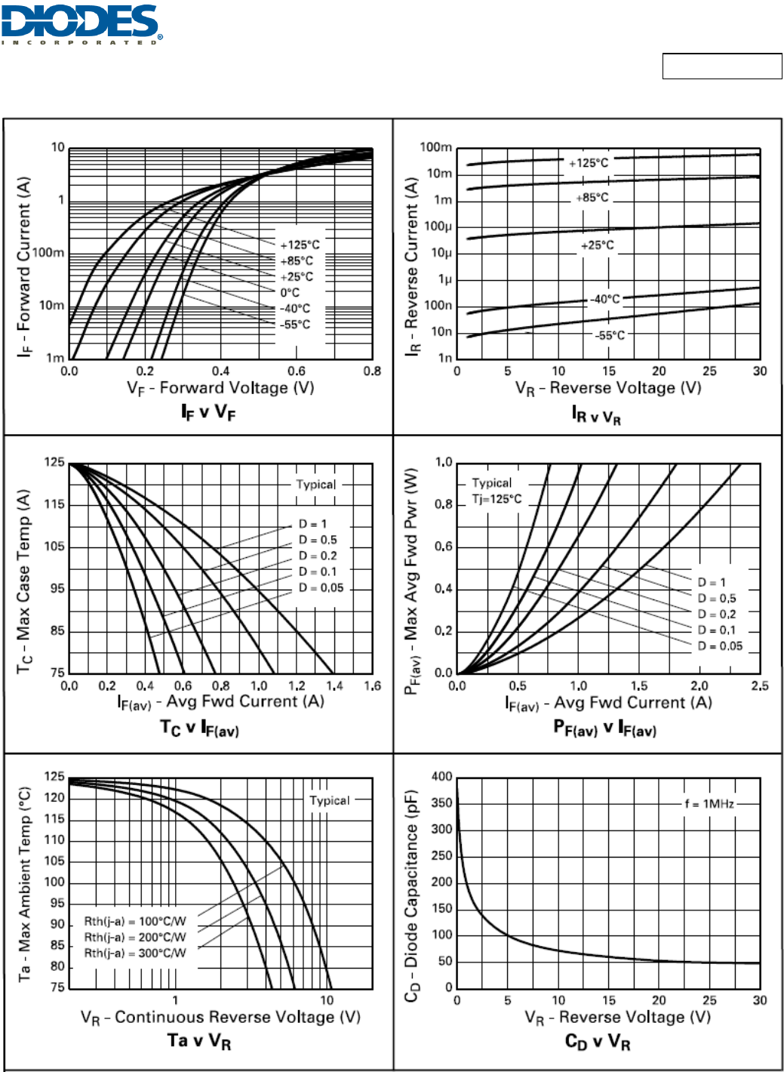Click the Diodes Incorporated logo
(x=81, y=23)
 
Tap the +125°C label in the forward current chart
(x=300, y=245)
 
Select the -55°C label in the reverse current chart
(x=610, y=335)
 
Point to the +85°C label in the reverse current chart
(x=592, y=198)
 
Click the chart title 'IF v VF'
(x=208, y=412)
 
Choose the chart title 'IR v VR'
(x=596, y=414)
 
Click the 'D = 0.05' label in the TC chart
(x=321, y=587)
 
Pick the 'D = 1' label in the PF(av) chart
(x=712, y=582)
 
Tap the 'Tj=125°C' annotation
(x=497, y=499)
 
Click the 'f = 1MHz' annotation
(x=709, y=804)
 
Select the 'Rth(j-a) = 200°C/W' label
(x=135, y=937)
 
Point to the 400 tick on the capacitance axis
(x=442, y=776)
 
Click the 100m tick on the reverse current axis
(x=436, y=147)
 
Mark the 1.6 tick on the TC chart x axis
(x=373, y=686)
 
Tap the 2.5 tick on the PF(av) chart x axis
(x=760, y=686)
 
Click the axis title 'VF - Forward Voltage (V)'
(x=220, y=388)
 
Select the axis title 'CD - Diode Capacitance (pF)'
(x=411, y=895)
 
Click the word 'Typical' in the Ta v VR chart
(x=330, y=800)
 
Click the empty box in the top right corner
(x=722, y=66)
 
